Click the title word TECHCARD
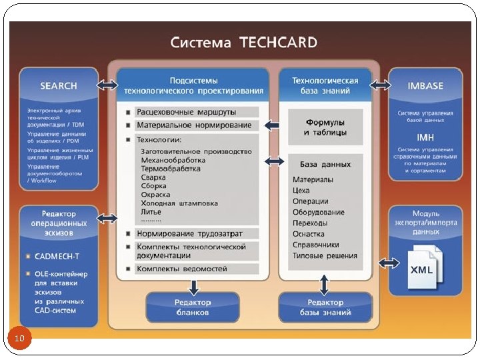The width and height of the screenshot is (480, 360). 273,43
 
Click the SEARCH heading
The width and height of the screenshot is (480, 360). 59,85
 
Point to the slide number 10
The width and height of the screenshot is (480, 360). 19,339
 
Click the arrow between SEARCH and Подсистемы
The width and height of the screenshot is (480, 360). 107,85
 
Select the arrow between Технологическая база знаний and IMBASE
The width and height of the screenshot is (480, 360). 381,85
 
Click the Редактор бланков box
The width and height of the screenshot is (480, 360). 192,307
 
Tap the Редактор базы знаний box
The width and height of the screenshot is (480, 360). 324,307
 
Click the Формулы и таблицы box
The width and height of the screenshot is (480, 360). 325,127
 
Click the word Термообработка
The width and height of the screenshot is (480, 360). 171,169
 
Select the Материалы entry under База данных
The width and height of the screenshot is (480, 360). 313,179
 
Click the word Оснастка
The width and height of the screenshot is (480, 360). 309,233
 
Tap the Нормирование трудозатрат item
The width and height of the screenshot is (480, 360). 189,233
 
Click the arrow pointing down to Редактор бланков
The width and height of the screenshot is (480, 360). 193,287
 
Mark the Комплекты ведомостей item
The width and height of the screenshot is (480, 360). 181,269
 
